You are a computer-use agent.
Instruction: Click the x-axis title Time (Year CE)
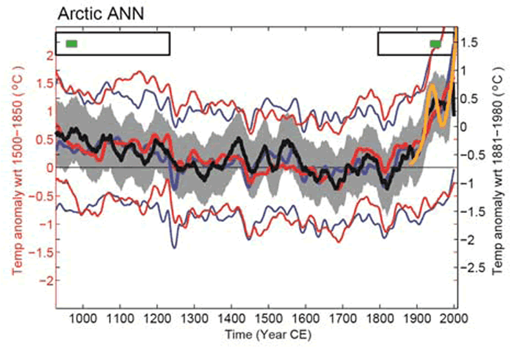coord(256,335)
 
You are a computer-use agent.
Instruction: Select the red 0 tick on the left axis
coord(48,167)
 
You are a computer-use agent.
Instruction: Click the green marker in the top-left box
coord(71,43)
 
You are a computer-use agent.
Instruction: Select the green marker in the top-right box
coord(436,43)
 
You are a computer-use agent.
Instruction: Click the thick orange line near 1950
coord(436,103)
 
